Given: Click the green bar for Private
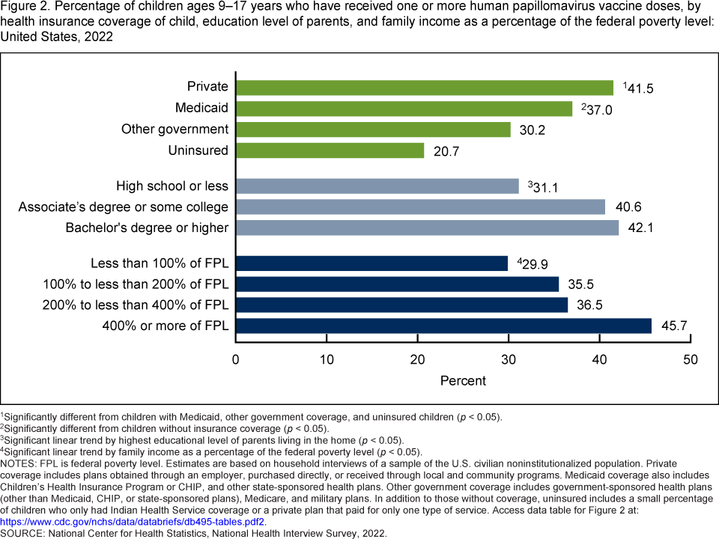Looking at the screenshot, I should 425,88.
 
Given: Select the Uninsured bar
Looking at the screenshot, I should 330,150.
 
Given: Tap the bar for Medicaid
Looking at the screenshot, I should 404,109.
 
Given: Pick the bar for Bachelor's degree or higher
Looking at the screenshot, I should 428,227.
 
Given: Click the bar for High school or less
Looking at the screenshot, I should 377,186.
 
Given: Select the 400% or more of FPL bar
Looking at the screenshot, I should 444,326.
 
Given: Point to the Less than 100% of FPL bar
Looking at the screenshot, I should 372,264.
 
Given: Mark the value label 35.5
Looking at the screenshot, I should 578,284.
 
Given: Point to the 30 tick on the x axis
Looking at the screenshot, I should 509,359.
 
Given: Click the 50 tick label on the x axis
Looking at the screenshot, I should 690,359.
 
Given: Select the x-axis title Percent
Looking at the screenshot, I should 463,380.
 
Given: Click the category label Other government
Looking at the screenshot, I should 175,130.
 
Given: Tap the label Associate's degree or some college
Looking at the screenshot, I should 124,207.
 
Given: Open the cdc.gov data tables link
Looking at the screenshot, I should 132,521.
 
